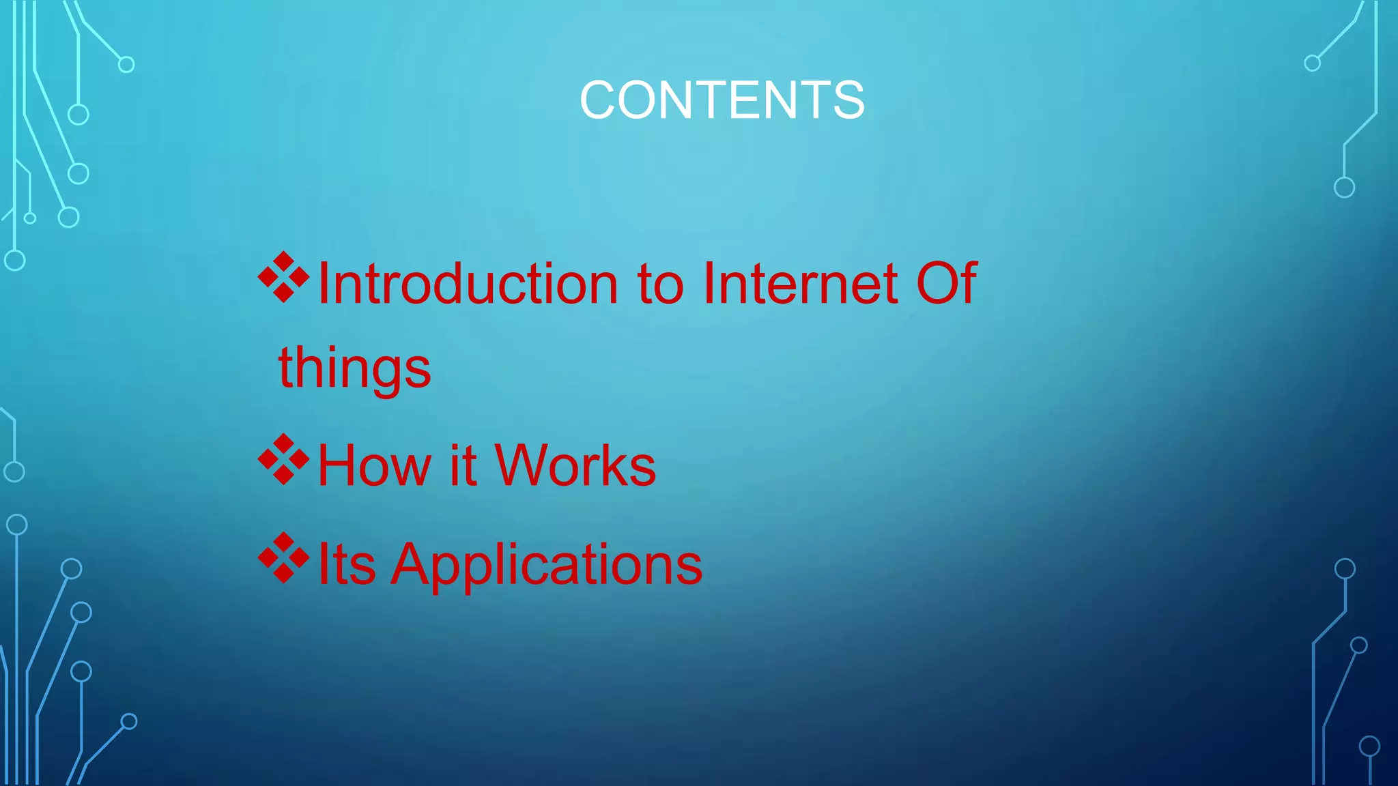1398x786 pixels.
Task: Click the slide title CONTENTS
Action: click(x=722, y=100)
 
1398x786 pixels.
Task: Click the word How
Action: click(x=374, y=465)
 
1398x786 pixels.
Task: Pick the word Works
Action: click(x=575, y=465)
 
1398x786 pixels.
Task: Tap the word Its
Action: click(x=347, y=564)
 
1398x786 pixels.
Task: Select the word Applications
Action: click(x=547, y=566)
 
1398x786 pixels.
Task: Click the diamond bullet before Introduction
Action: click(x=283, y=278)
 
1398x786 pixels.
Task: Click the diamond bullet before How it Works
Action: click(x=283, y=459)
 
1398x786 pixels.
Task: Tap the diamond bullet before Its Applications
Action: click(x=283, y=558)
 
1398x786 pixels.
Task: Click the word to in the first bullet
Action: click(x=660, y=285)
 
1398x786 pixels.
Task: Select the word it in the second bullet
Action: click(x=463, y=465)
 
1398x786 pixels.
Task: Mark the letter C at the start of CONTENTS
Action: click(x=599, y=100)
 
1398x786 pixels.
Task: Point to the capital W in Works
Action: click(x=524, y=465)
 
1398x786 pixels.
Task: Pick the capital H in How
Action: click(x=337, y=465)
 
